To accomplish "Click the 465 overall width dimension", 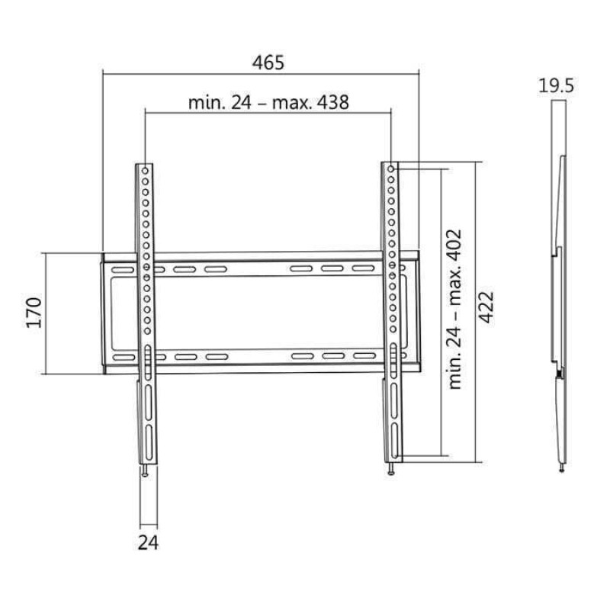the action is coord(268,63).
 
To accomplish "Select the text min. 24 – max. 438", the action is coord(268,103).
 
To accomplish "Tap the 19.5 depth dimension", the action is coord(556,85).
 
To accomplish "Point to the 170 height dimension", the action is coord(34,313).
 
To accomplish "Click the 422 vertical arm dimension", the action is coord(486,307).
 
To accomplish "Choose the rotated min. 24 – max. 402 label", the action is coord(454,310).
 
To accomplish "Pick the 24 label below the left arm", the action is coord(148,542).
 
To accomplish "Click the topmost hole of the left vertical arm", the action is coord(145,171).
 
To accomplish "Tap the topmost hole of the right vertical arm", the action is coord(391,169).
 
